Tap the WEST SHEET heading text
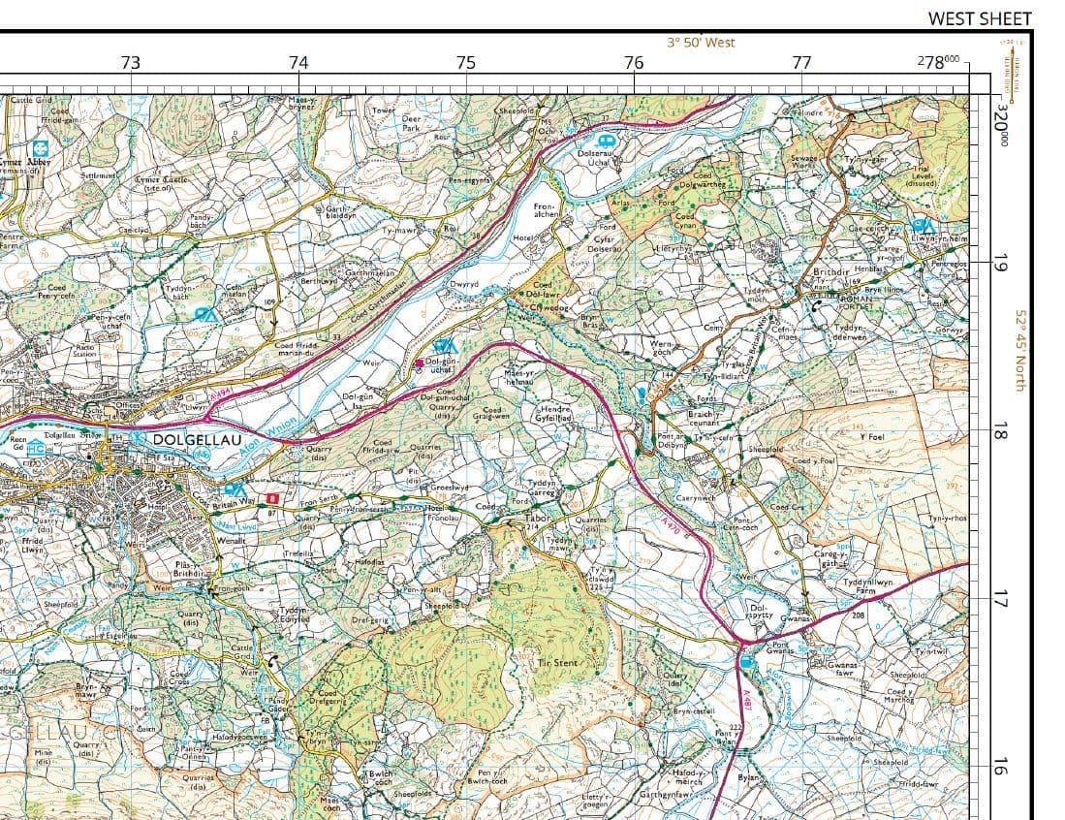pyautogui.click(x=979, y=18)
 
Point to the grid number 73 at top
pyautogui.click(x=131, y=63)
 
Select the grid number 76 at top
pyautogui.click(x=634, y=63)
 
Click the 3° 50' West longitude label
pyautogui.click(x=701, y=43)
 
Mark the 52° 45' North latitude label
pyautogui.click(x=1019, y=351)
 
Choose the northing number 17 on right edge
pyautogui.click(x=1000, y=599)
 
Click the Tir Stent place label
pyautogui.click(x=557, y=664)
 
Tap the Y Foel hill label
pyautogui.click(x=872, y=437)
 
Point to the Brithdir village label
pyautogui.click(x=830, y=273)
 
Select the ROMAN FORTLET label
pyautogui.click(x=855, y=302)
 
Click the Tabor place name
pyautogui.click(x=536, y=519)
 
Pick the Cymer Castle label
pyautogui.click(x=159, y=183)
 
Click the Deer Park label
pyautogui.click(x=411, y=123)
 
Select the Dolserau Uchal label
pyautogui.click(x=592, y=158)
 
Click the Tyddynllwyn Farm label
pyautogui.click(x=867, y=586)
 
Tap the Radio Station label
pyautogui.click(x=85, y=350)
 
